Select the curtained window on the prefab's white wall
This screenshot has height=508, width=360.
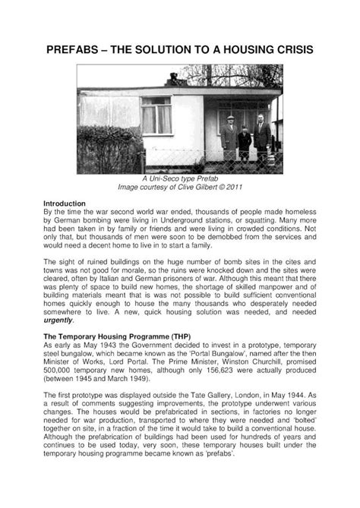156,115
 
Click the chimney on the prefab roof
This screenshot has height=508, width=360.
172,77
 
